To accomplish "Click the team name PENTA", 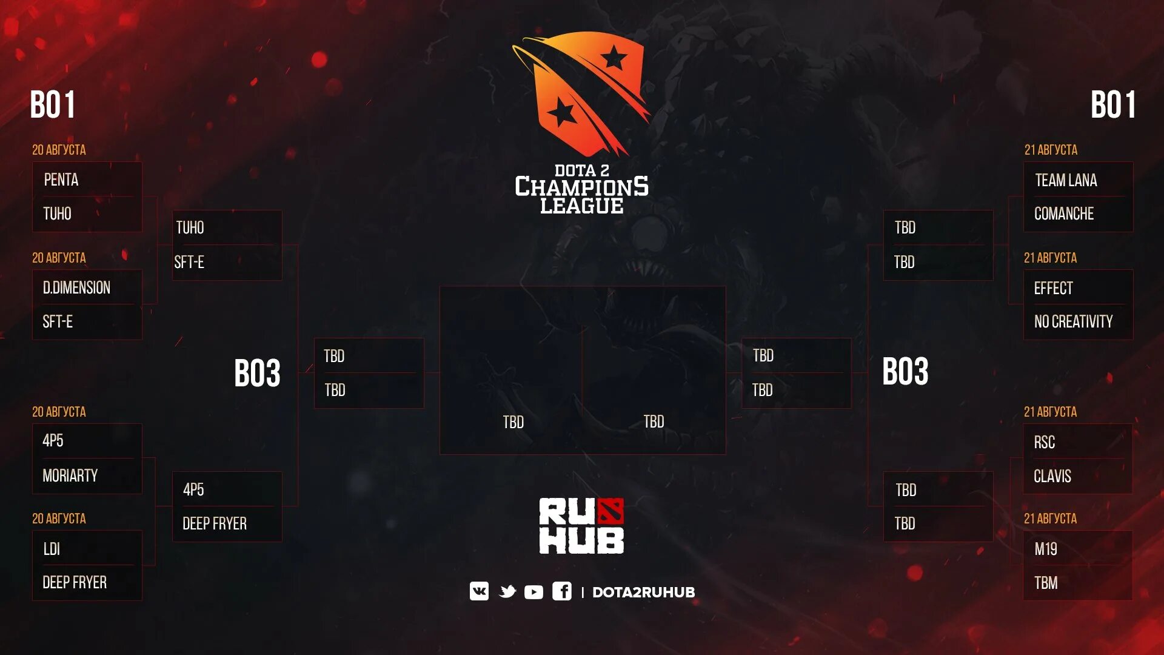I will [61, 180].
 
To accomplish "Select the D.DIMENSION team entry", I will [76, 288].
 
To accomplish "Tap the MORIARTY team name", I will [70, 476].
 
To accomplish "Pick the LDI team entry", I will [52, 549].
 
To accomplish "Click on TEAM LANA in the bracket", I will [1066, 181].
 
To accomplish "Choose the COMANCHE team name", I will [1064, 214].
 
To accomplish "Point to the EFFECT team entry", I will [1053, 289].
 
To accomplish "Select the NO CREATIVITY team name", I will [1073, 322].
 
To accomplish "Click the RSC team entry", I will [1044, 443].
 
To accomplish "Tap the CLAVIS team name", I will [1052, 477].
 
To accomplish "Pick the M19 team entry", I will [1045, 549].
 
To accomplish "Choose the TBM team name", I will [1045, 583].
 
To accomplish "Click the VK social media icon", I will [479, 591].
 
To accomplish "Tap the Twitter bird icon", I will [507, 591].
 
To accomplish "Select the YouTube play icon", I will [533, 592].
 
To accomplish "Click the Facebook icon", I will [561, 591].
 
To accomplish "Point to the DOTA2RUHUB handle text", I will [643, 593].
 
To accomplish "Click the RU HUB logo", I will [581, 526].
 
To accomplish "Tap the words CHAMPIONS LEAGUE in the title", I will [581, 196].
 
